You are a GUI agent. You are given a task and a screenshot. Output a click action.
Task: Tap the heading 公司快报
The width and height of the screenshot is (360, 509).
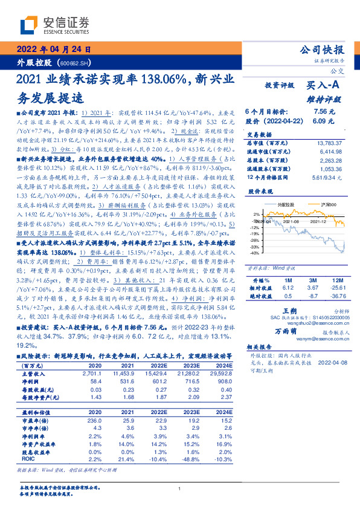(x=321, y=50)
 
